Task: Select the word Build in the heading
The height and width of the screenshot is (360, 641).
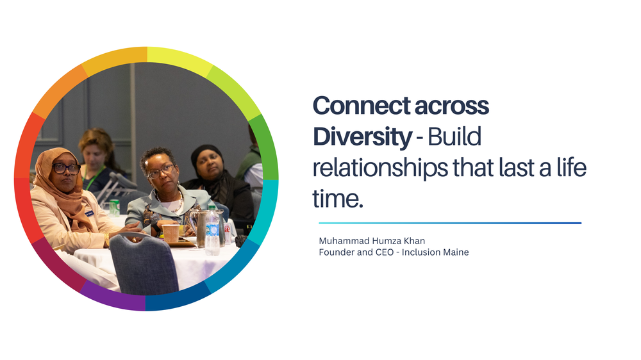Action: [x=454, y=136]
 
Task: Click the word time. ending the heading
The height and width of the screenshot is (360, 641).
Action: [x=338, y=199]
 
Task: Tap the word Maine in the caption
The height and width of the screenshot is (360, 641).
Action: [x=454, y=252]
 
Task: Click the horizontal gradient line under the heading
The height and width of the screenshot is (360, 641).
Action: [x=449, y=223]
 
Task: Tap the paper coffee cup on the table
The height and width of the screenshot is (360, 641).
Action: [x=171, y=233]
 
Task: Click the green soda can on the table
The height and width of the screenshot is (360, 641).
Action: [x=114, y=207]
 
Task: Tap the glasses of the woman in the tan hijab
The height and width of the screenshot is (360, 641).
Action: [x=66, y=169]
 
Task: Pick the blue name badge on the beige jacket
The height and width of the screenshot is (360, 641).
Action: [x=89, y=212]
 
